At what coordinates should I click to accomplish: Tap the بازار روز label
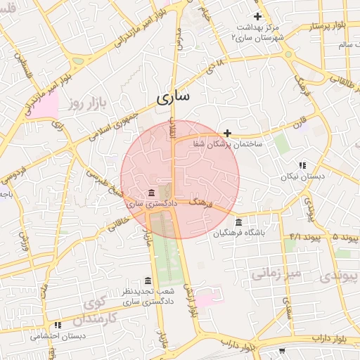point(86,104)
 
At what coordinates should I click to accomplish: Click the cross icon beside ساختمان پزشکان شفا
point(227,133)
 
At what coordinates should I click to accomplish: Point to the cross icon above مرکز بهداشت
point(257,16)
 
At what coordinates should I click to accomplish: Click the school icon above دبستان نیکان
point(302,165)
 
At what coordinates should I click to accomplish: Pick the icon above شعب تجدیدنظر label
point(147,281)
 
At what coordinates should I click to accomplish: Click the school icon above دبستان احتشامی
point(58,325)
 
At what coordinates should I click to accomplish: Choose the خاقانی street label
point(117,224)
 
